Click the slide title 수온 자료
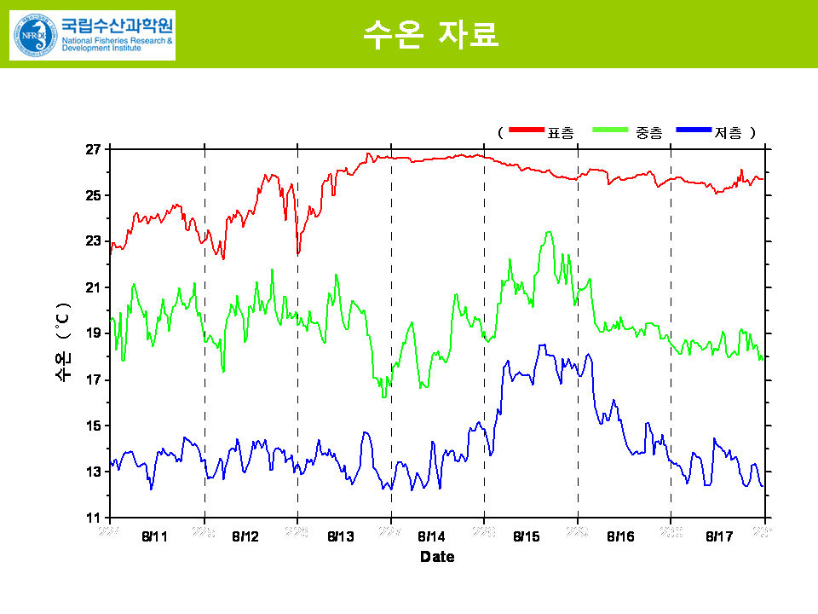click(x=430, y=34)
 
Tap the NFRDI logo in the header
click(x=92, y=36)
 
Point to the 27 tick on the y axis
click(x=93, y=149)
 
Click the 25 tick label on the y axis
click(x=93, y=195)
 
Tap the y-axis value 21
click(x=93, y=287)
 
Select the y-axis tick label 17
click(x=93, y=379)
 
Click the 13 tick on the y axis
click(x=93, y=472)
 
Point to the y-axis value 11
click(x=93, y=518)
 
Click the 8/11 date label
click(x=155, y=536)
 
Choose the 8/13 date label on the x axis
click(x=341, y=536)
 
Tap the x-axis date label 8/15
click(x=527, y=536)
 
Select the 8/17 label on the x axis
click(x=720, y=536)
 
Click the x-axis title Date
click(x=437, y=557)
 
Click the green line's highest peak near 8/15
click(x=549, y=232)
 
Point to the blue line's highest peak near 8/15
click(x=541, y=345)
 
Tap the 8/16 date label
click(x=620, y=536)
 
